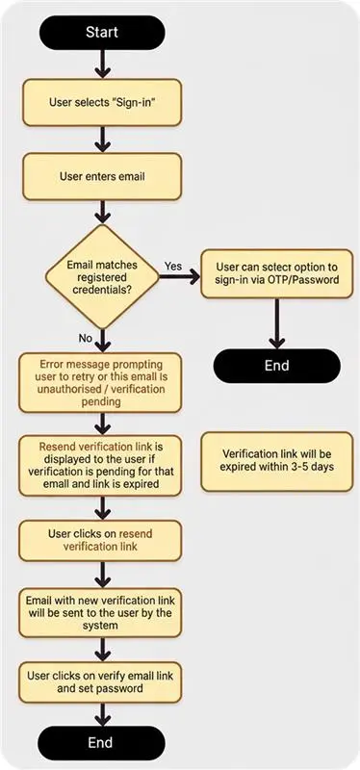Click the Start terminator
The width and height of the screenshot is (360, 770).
coord(101,33)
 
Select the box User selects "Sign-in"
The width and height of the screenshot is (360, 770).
coord(101,101)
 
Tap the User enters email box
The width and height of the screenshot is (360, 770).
coord(101,177)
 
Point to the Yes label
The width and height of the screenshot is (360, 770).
coord(173,265)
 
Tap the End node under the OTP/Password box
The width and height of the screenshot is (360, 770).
coord(276,366)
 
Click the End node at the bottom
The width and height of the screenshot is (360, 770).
coord(101,743)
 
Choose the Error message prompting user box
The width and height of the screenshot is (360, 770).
coord(101,382)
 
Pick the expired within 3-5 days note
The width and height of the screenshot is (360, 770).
coord(276,461)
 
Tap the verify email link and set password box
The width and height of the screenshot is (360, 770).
coord(101,681)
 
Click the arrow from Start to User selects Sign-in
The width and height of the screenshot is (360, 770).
coord(101,64)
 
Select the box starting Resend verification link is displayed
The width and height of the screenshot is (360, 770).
coord(101,466)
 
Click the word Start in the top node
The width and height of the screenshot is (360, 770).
coord(101,33)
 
